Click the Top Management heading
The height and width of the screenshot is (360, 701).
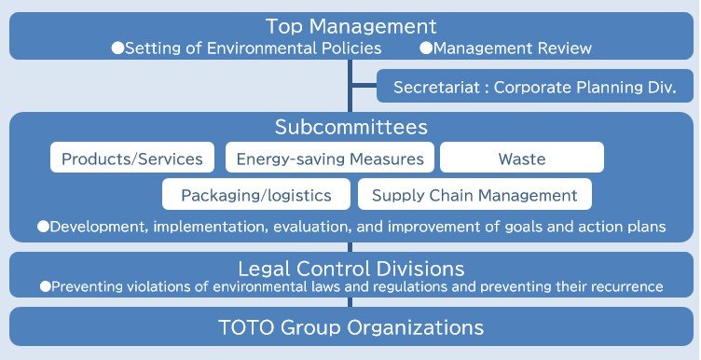pyautogui.click(x=350, y=26)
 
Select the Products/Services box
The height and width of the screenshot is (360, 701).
pyautogui.click(x=132, y=159)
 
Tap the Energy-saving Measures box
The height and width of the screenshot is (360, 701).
pyautogui.click(x=330, y=159)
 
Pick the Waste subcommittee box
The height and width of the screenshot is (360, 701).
pyautogui.click(x=522, y=159)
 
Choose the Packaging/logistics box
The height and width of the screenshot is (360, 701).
pyautogui.click(x=256, y=195)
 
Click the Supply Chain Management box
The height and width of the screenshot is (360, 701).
pyautogui.click(x=474, y=195)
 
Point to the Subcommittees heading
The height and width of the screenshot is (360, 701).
pyautogui.click(x=350, y=127)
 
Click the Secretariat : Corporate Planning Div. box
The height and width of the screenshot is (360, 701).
pyautogui.click(x=534, y=88)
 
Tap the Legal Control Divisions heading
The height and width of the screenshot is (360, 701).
pyautogui.click(x=350, y=268)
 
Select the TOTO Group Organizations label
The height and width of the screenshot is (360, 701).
pyautogui.click(x=350, y=327)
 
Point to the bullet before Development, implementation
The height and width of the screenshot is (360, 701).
pyautogui.click(x=43, y=227)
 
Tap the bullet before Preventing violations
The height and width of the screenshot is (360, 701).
pyautogui.click(x=45, y=287)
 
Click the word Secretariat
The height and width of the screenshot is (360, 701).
pyautogui.click(x=434, y=88)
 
